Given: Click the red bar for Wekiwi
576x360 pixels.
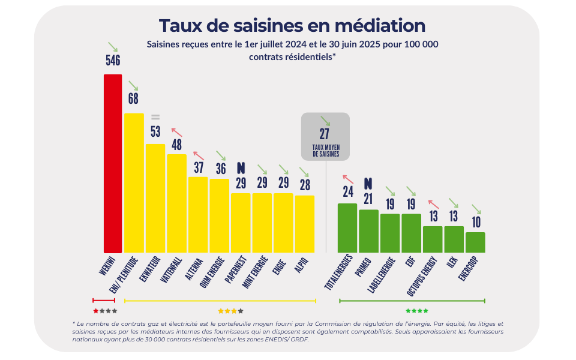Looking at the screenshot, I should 113,163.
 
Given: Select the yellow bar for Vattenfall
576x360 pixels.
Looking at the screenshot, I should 176,203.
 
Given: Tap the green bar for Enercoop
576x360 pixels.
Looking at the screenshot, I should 475,242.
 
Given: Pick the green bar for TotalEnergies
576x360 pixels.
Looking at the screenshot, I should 347,228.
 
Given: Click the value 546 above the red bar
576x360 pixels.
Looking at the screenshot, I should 113,61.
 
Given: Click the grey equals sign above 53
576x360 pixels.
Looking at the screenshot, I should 155,116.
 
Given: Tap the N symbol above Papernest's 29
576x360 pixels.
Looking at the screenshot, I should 241,167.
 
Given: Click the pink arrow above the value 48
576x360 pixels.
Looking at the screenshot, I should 177,131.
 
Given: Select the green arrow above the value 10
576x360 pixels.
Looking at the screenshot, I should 476,209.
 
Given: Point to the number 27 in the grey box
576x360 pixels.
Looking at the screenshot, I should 325,134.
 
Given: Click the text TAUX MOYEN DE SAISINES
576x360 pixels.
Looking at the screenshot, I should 325,151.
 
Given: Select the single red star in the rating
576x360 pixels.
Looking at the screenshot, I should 96,311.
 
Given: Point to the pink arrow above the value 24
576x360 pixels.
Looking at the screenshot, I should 347,178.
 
